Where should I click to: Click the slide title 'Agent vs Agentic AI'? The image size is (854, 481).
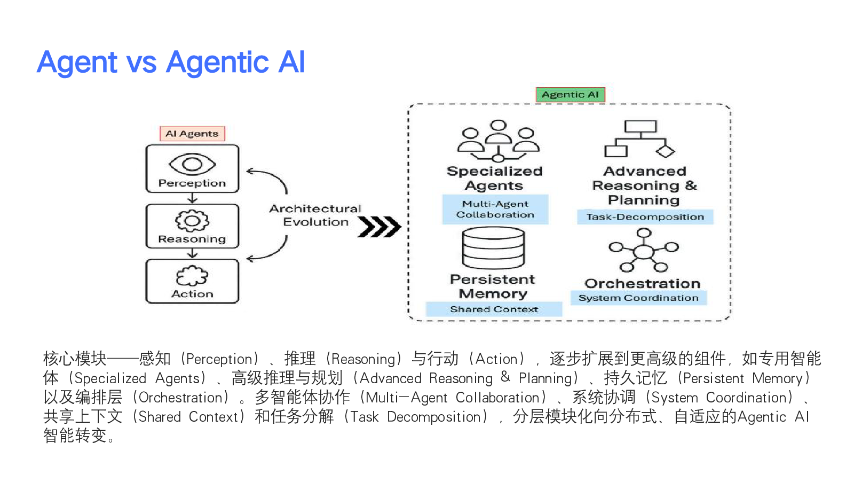171,62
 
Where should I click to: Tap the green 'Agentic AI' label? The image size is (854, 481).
570,95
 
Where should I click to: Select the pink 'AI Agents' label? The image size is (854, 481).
192,133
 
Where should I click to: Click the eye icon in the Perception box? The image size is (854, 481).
192,164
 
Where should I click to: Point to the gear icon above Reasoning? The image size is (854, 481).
192,220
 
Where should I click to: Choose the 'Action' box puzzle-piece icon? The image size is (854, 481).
192,276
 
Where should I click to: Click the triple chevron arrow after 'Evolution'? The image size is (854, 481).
379,227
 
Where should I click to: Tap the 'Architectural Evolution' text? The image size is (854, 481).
315,215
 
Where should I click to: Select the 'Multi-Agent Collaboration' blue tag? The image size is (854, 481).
495,209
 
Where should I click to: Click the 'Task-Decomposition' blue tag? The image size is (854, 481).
645,216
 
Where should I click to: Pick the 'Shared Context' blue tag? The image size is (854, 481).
494,309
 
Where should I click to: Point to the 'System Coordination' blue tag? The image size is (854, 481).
638,298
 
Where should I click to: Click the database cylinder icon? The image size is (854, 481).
493,248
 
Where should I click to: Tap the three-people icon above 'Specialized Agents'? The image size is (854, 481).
498,141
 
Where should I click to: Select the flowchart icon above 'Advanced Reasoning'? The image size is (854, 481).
640,139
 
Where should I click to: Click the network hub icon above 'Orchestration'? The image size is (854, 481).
644,251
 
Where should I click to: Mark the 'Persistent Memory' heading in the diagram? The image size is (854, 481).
493,286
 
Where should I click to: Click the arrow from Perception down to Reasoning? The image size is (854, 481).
193,198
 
